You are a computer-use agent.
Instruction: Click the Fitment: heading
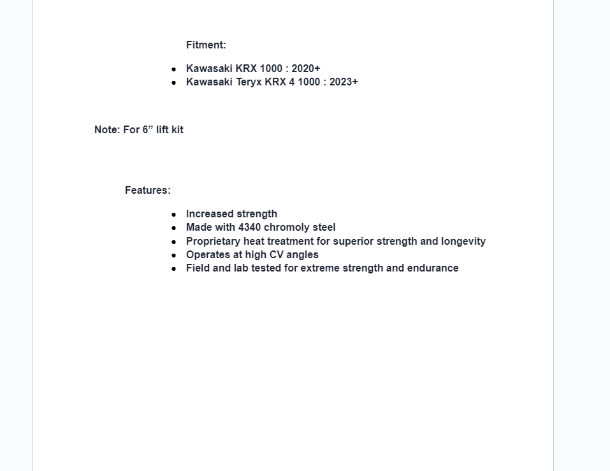206,45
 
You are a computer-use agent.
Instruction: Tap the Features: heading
148,191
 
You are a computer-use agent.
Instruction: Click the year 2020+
306,69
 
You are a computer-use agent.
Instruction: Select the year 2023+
344,82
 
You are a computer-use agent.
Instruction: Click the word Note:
107,130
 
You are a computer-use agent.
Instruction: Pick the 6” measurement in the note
148,130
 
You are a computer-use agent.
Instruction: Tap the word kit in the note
177,130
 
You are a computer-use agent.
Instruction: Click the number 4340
249,228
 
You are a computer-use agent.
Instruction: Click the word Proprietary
213,242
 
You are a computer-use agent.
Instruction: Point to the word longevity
463,242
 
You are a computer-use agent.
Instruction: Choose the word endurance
433,268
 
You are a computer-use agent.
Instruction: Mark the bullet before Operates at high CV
173,256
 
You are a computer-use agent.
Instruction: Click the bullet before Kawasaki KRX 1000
173,69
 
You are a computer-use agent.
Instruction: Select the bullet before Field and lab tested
173,269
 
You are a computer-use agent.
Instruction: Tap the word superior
353,242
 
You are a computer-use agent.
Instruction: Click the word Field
198,268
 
